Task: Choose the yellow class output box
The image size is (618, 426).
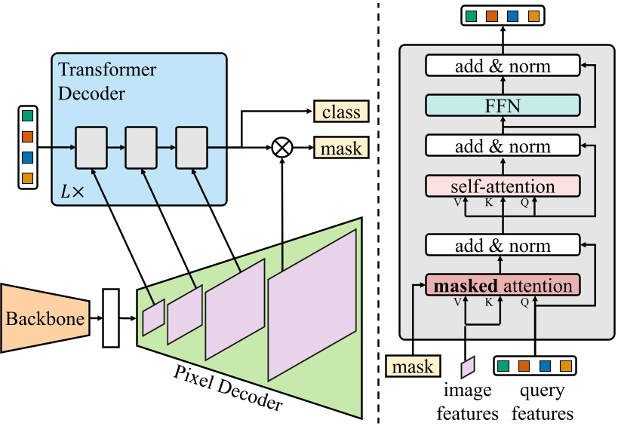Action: tap(341, 113)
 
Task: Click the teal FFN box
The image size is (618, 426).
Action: tap(502, 106)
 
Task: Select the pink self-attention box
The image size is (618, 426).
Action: tap(502, 185)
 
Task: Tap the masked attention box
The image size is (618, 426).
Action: tap(502, 286)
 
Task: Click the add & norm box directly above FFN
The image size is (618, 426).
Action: tap(502, 66)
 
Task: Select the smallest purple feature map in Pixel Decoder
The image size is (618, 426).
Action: tap(153, 317)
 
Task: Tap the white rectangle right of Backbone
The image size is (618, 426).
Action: tap(111, 317)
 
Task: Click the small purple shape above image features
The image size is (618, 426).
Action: tap(468, 366)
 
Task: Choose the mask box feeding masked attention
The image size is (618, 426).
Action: tap(414, 366)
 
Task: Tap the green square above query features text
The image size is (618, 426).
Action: tap(503, 366)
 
